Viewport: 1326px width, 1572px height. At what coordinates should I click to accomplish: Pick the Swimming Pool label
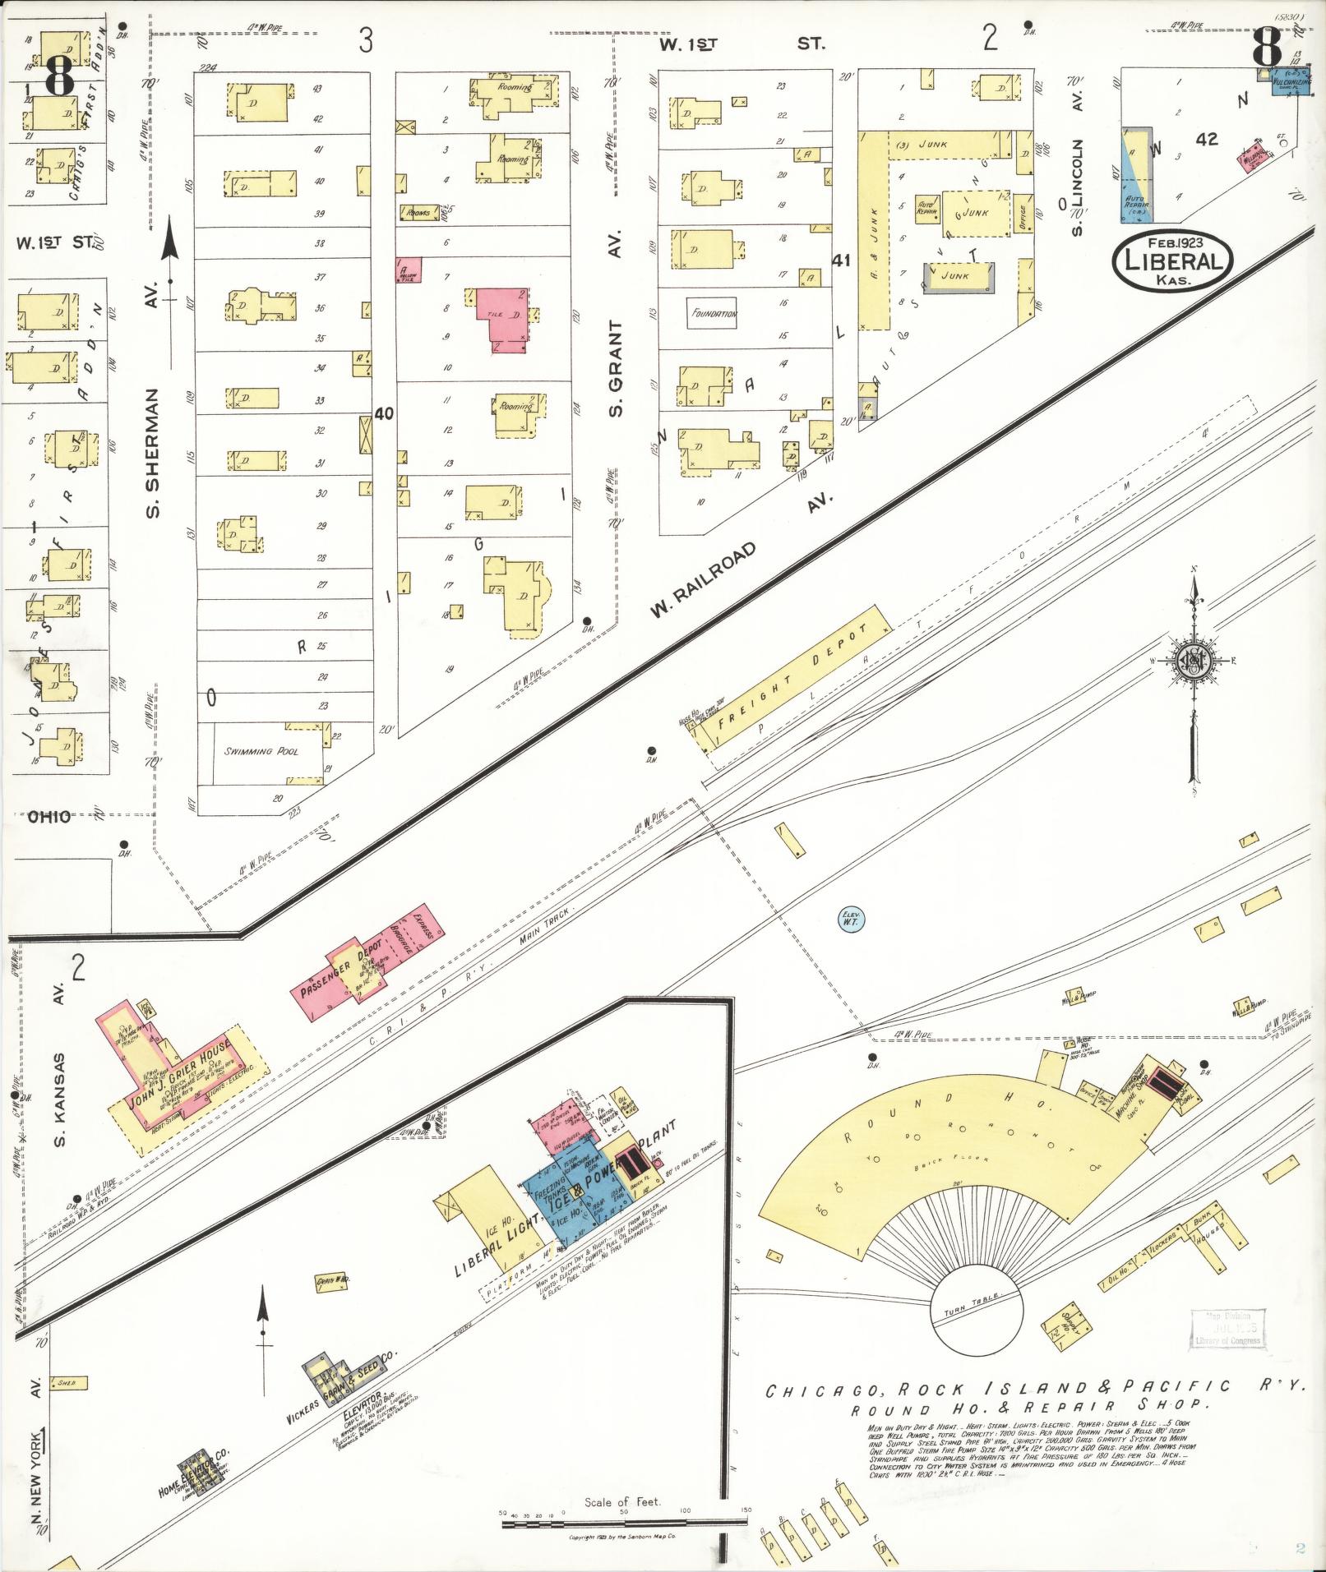point(261,751)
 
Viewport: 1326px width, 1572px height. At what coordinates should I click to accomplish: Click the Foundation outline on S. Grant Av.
point(713,313)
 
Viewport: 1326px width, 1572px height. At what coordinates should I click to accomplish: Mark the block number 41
point(840,260)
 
